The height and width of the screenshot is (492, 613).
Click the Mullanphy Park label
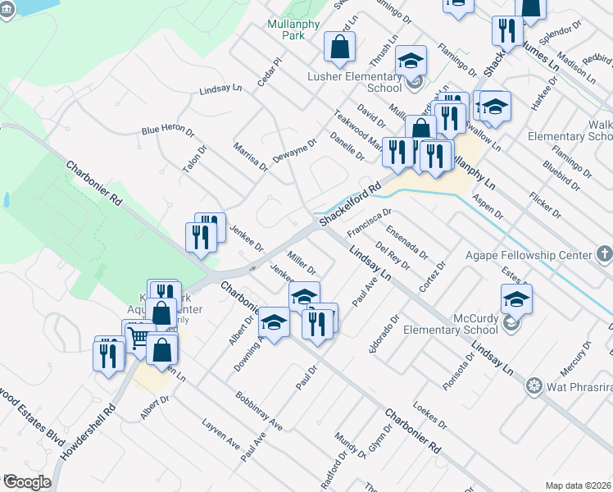point(286,30)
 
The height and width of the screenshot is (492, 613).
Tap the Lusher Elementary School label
point(353,81)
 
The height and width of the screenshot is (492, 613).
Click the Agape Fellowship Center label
point(529,255)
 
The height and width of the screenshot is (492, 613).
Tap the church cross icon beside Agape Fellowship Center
point(603,254)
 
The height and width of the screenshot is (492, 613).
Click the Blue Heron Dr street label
point(167,130)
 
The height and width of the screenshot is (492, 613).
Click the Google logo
point(26,482)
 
